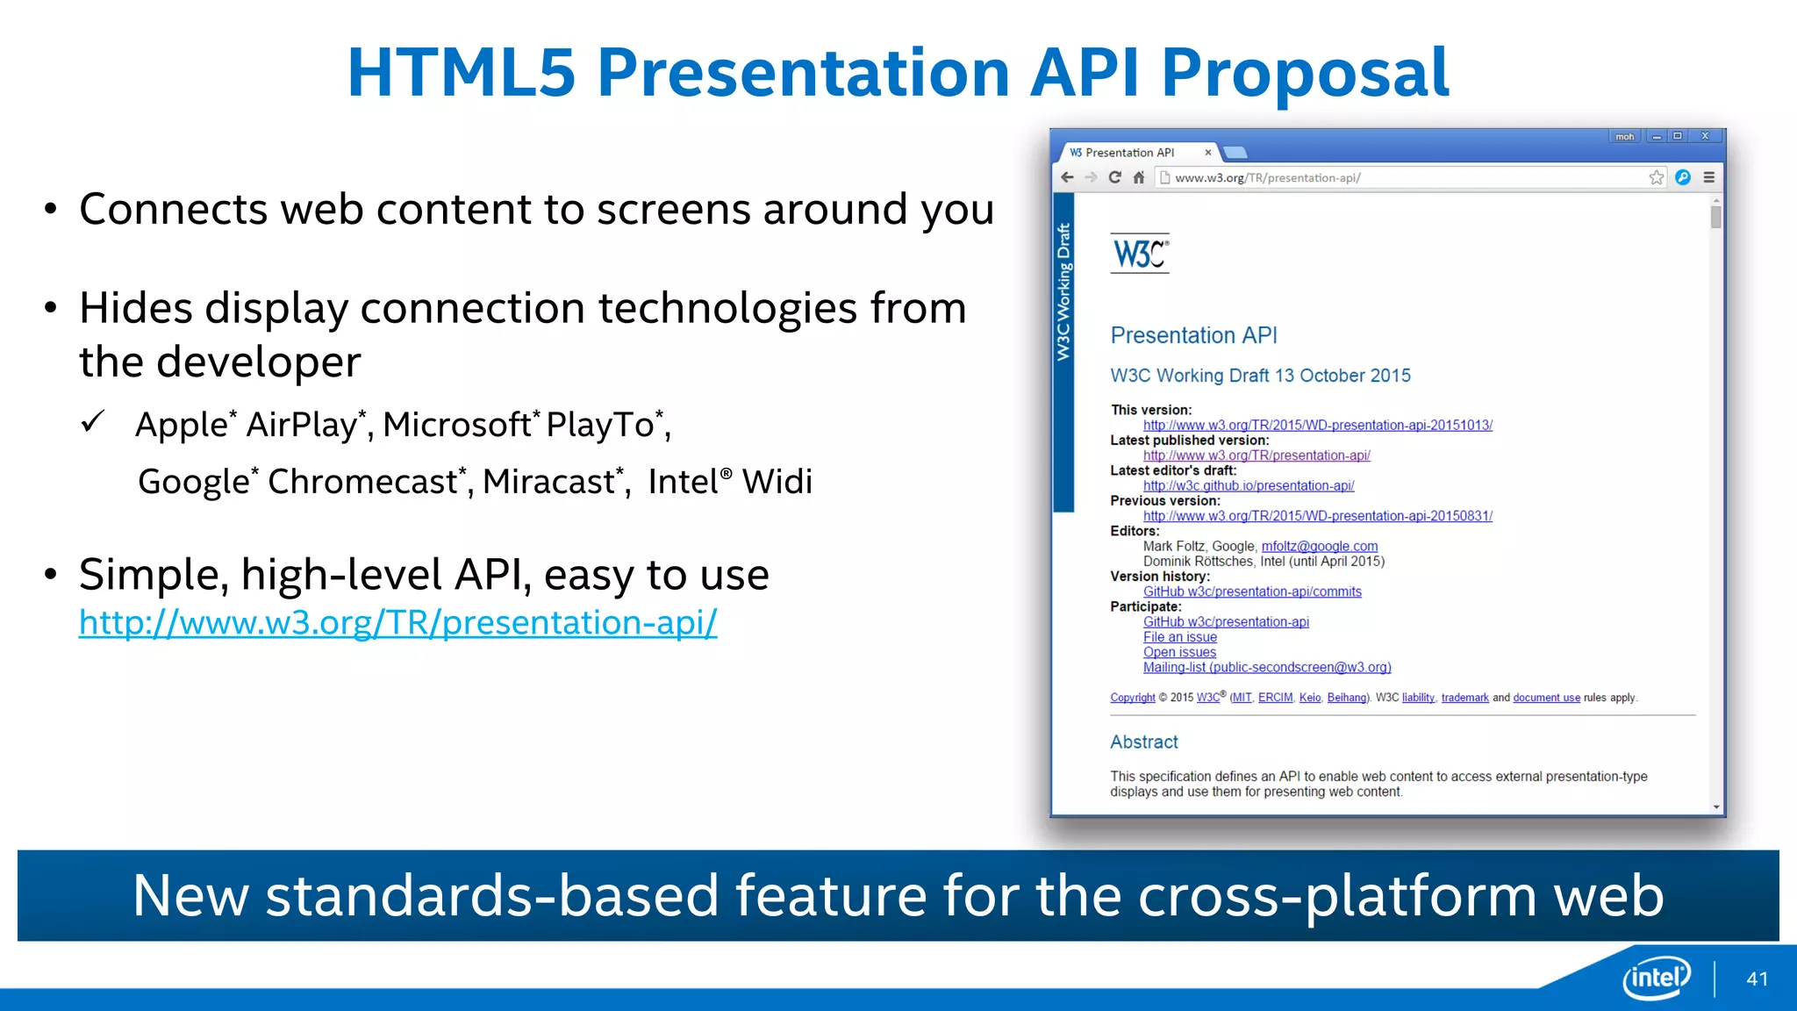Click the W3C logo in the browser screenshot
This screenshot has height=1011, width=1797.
click(x=1139, y=254)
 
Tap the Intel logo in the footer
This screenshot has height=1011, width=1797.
click(x=1656, y=977)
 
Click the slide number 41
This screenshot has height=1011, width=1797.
click(x=1757, y=979)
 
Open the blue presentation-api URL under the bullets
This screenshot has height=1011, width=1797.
click(x=397, y=622)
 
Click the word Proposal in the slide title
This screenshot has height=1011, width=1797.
click(x=1305, y=72)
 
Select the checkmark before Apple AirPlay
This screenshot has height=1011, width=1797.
click(x=93, y=422)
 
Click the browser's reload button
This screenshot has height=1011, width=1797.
click(x=1114, y=177)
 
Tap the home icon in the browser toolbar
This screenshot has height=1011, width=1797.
click(x=1139, y=177)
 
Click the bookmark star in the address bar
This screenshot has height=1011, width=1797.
click(x=1656, y=177)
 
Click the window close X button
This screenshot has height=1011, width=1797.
click(x=1705, y=136)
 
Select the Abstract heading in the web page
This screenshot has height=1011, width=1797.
click(x=1143, y=742)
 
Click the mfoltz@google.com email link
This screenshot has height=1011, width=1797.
click(x=1319, y=546)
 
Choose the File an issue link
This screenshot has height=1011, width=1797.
click(x=1179, y=637)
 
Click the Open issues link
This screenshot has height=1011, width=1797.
click(x=1179, y=652)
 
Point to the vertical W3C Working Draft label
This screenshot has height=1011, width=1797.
click(x=1063, y=292)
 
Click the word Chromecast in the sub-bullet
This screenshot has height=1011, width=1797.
click(x=362, y=482)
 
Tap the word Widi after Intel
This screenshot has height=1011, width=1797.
click(x=777, y=482)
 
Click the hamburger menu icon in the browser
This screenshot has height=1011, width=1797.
click(x=1708, y=177)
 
